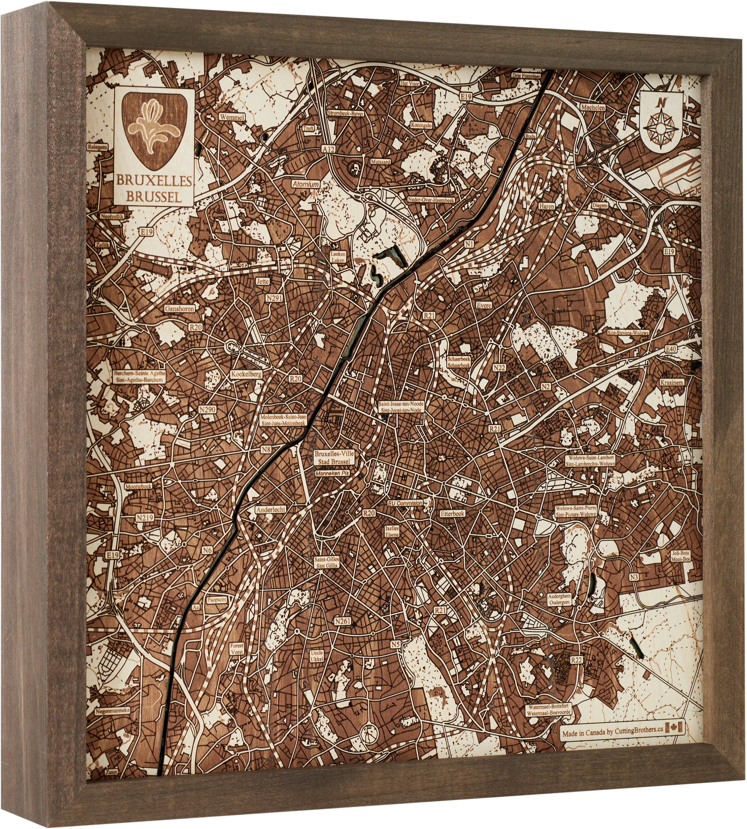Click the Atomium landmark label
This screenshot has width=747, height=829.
pos(306,185)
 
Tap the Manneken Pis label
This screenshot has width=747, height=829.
pos(332,473)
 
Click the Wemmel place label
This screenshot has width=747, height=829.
pos(232,117)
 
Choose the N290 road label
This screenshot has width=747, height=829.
pos(207,409)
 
